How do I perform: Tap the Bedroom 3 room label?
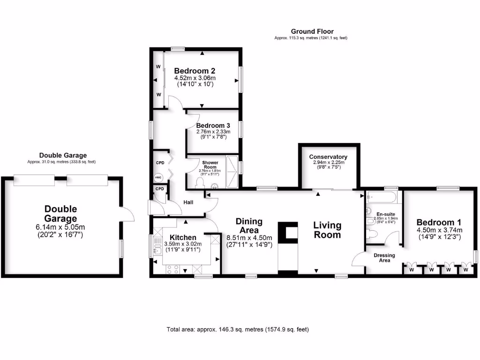(213, 126)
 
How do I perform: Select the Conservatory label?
(328, 157)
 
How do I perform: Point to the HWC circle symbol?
(158, 178)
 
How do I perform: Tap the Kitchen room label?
(182, 237)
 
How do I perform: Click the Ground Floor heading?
(312, 31)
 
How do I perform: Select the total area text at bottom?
(238, 330)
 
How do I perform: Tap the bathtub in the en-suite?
(383, 197)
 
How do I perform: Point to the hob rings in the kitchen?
(172, 270)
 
